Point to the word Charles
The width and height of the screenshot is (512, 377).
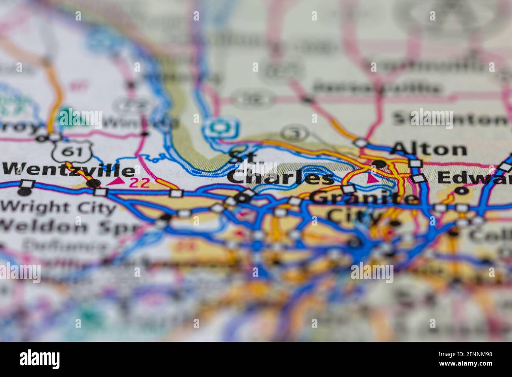point(280,178)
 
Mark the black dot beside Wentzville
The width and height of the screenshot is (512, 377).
point(93,183)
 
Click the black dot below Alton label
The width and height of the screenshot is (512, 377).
point(379,163)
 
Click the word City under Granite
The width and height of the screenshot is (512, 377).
point(353,215)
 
